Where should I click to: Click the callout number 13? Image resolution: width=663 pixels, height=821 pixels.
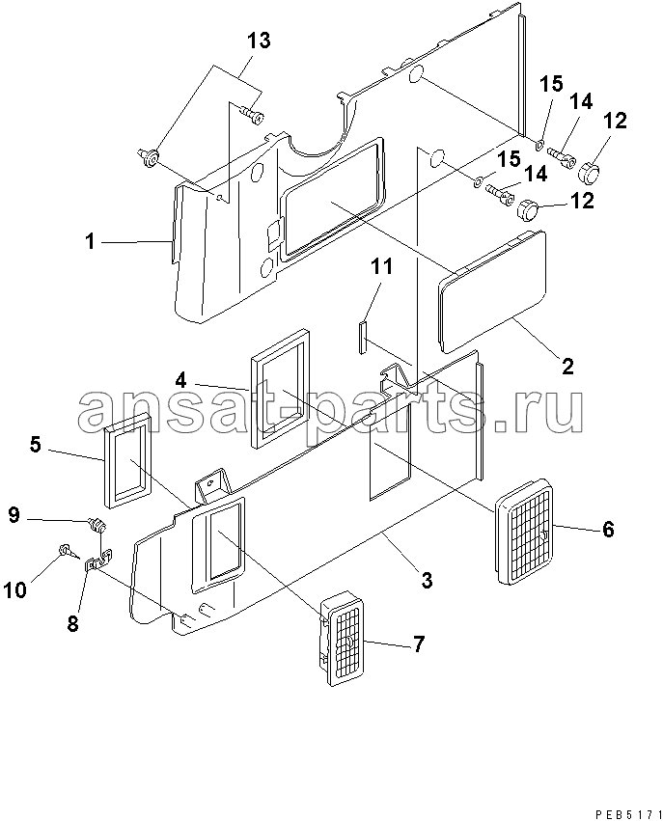[259, 41]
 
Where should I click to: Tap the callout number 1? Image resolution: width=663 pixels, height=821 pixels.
[91, 242]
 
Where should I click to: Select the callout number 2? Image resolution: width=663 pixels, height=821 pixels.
[567, 366]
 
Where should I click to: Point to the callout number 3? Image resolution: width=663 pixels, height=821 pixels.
[427, 580]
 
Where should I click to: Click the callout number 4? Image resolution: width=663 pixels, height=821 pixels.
[180, 380]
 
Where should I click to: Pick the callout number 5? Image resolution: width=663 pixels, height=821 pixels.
[35, 445]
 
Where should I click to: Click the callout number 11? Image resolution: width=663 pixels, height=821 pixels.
[381, 266]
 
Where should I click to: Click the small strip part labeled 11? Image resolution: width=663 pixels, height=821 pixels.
[363, 338]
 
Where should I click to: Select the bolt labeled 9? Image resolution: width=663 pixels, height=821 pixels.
[97, 524]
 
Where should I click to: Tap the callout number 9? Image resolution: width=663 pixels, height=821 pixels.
[14, 515]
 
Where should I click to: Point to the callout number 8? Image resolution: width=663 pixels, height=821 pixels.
[72, 623]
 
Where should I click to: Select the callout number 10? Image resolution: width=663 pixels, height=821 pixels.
[15, 590]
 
